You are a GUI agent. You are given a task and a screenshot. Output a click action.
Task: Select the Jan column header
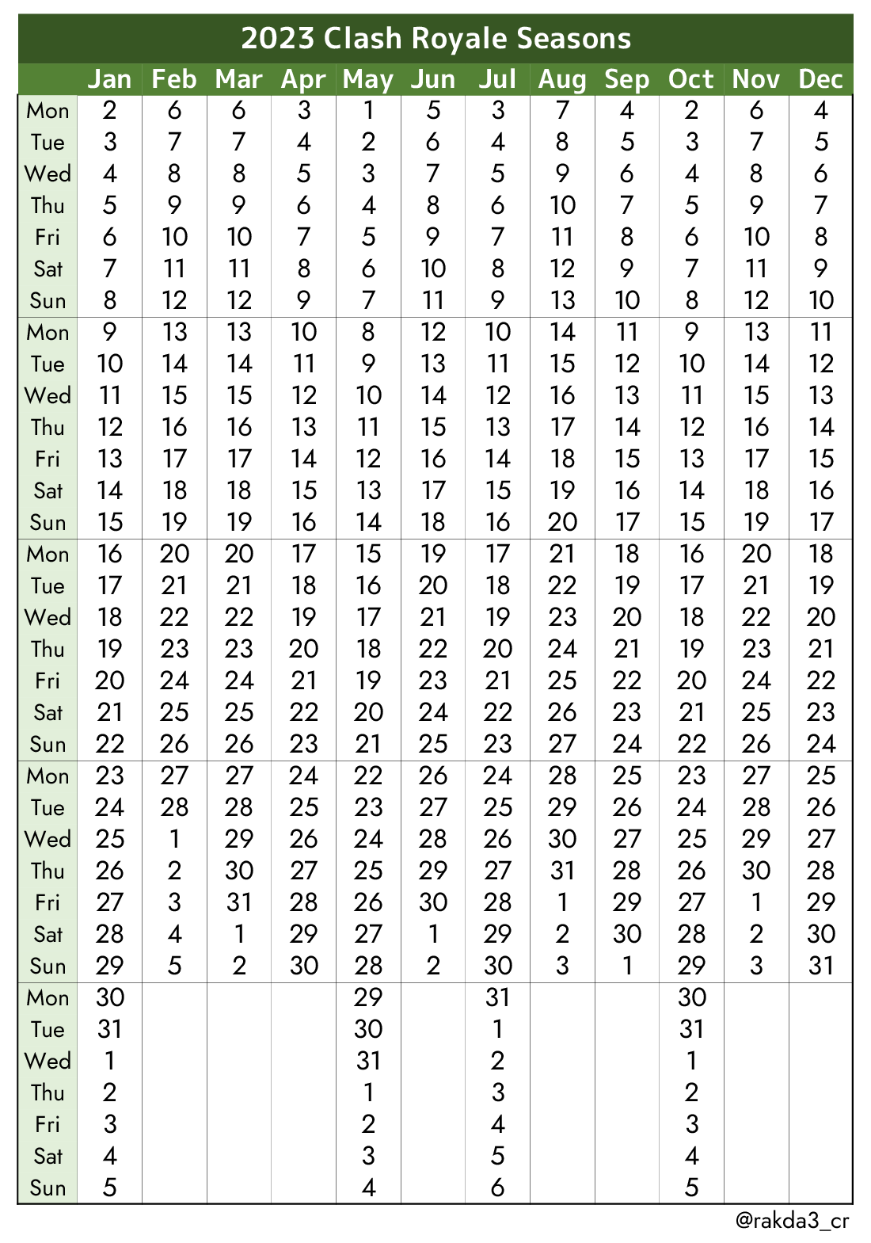click(109, 79)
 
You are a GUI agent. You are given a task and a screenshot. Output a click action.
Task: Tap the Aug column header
click(562, 79)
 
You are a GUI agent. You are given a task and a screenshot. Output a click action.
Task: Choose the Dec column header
click(821, 79)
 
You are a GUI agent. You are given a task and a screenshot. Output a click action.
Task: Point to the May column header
click(368, 79)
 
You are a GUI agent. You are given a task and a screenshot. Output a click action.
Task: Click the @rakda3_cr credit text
click(793, 1220)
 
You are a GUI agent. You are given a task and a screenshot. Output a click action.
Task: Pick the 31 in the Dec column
click(821, 966)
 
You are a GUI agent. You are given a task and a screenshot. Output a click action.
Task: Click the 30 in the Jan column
click(109, 997)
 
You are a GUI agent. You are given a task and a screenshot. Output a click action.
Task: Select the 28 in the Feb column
click(174, 807)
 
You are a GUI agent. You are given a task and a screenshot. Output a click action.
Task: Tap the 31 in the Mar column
click(239, 902)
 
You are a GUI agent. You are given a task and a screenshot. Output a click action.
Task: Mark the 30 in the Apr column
click(303, 966)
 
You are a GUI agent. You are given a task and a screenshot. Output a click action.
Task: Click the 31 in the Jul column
click(497, 997)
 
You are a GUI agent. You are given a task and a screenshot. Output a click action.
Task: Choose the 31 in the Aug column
click(562, 871)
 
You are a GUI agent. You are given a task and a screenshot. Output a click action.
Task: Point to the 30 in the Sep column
click(626, 934)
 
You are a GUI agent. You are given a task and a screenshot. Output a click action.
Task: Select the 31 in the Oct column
click(691, 1029)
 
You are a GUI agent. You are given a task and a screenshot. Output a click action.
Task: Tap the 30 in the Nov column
click(756, 871)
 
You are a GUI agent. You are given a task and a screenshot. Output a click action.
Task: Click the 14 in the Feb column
click(174, 364)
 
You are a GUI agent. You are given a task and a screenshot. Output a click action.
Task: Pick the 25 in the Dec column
click(821, 776)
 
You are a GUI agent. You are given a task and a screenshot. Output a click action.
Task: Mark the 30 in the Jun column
click(433, 902)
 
